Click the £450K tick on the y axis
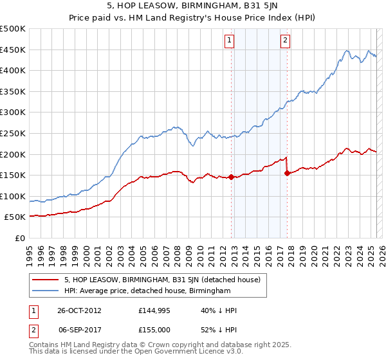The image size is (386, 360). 13,50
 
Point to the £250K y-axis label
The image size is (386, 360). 13,133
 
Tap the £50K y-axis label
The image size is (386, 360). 15,217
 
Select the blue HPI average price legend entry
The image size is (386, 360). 147,291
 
